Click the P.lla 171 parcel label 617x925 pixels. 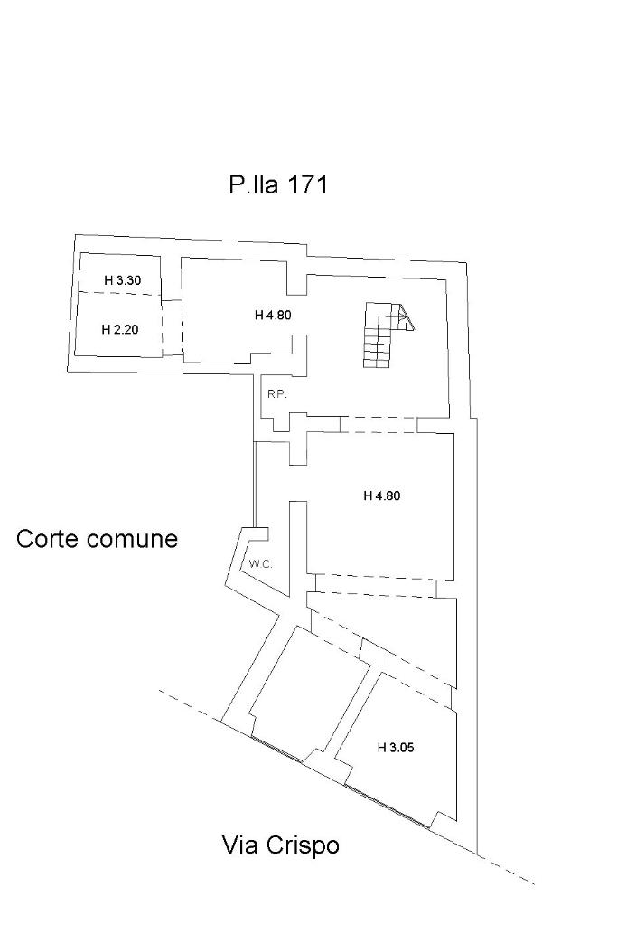[277, 185]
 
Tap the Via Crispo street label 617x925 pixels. [281, 845]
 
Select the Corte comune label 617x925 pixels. [98, 540]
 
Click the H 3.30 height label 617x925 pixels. [122, 280]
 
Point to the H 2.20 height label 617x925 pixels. [119, 329]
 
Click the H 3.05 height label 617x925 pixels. [395, 747]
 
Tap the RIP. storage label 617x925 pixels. [276, 393]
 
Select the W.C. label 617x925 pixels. [261, 564]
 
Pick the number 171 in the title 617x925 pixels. [307, 185]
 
